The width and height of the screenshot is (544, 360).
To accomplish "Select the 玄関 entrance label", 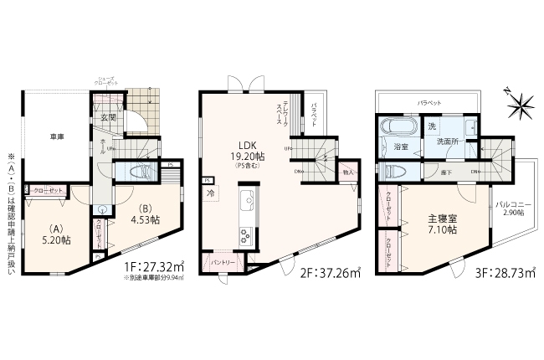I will (109, 118).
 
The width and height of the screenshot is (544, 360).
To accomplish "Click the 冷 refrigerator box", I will (210, 192).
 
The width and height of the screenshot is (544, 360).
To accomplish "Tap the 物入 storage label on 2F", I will (348, 172).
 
